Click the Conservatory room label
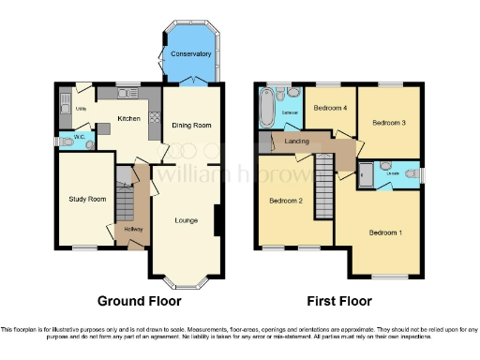[190, 54]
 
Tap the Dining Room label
[190, 125]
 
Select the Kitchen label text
[128, 118]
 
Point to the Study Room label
[83, 199]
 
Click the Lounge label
[186, 220]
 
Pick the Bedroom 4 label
[330, 108]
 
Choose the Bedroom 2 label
[286, 201]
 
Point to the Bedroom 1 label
[385, 232]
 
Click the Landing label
[297, 142]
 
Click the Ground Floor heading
[139, 301]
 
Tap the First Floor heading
[338, 301]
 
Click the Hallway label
[129, 229]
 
